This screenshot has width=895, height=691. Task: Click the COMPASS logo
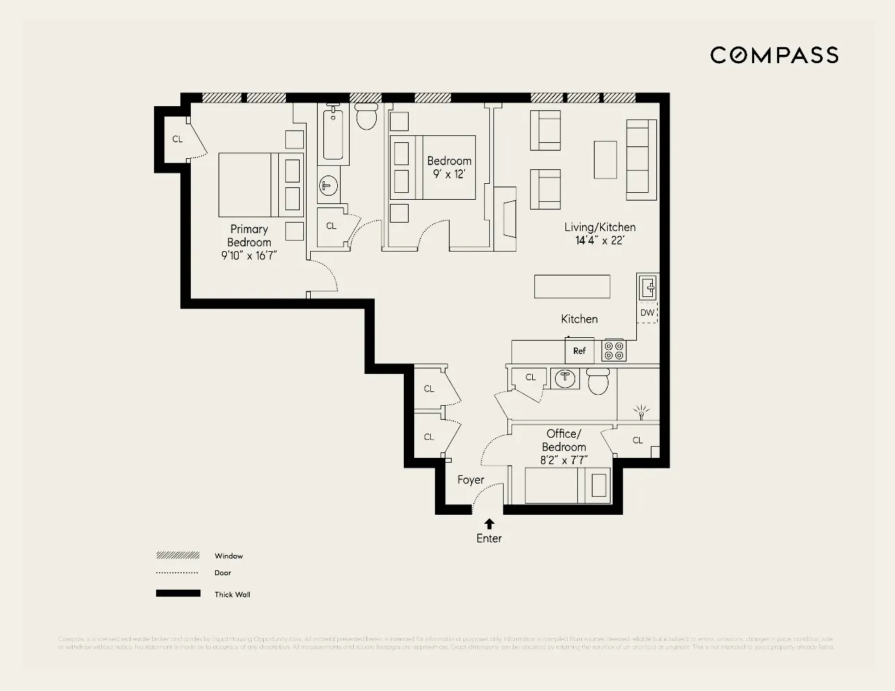point(774,56)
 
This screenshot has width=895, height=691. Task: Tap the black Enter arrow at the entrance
point(489,524)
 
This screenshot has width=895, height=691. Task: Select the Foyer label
point(470,480)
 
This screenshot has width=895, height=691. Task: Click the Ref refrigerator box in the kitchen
point(579,350)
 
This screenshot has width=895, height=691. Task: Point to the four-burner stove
point(613,350)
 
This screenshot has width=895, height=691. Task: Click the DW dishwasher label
point(647,313)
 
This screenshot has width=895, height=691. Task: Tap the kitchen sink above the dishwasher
point(648,287)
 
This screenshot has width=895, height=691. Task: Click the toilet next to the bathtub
point(366,117)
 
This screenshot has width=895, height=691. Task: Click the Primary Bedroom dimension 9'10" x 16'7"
point(249,255)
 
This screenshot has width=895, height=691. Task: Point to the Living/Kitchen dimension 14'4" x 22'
point(599,240)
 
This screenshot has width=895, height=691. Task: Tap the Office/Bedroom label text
point(564,441)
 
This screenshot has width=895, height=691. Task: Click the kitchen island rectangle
point(572,287)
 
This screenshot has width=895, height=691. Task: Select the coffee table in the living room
point(605,160)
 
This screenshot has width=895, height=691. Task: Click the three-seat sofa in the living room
point(641,160)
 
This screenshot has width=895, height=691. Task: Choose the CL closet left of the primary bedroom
point(178,139)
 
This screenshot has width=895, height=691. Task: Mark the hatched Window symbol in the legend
point(178,556)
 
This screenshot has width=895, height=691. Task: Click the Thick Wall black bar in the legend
point(178,594)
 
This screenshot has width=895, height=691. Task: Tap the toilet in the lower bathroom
point(598,382)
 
